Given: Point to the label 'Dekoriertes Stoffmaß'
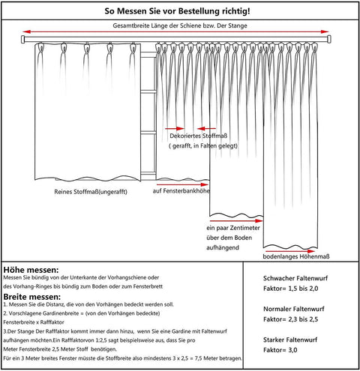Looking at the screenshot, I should (199, 137).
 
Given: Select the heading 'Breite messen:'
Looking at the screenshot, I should (32, 298).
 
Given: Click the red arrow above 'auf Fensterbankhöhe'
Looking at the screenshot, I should (179, 181).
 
